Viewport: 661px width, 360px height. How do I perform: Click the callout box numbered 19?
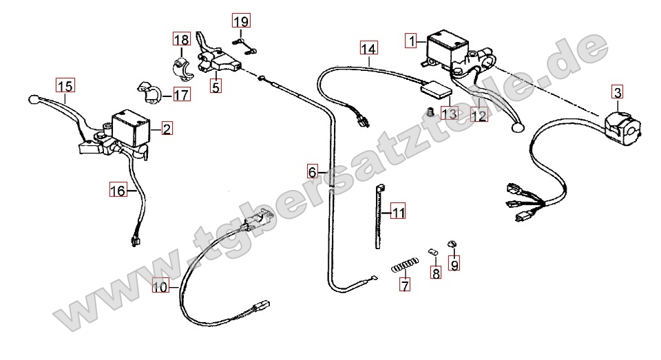[241, 21]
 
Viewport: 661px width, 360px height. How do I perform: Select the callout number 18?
[181, 39]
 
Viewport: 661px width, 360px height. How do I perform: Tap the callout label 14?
[368, 48]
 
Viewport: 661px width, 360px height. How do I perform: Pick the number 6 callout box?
[312, 171]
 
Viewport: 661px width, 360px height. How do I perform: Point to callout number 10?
[160, 287]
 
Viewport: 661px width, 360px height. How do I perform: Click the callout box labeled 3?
[617, 92]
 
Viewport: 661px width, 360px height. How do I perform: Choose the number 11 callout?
[399, 211]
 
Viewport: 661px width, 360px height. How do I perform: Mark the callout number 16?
[118, 191]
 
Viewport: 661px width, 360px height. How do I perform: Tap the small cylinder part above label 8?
[433, 252]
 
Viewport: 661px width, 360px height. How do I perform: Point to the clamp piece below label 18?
[182, 69]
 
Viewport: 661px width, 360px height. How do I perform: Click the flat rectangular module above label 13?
[436, 88]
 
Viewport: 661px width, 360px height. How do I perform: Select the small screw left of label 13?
[430, 112]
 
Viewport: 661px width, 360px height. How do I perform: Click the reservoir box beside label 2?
[131, 128]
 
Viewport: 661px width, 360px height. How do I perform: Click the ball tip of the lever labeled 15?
[33, 100]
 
